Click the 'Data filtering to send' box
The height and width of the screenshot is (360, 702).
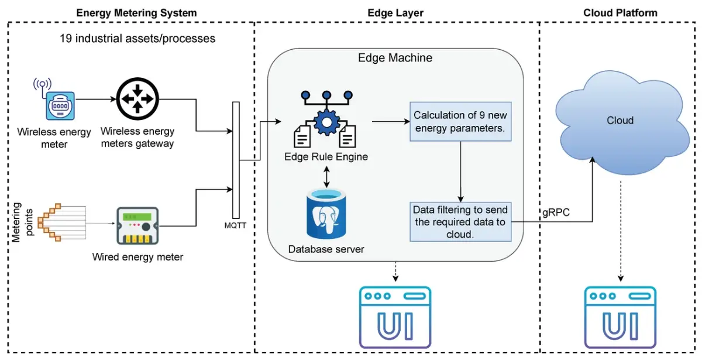click(x=460, y=222)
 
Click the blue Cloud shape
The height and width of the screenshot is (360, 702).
click(x=620, y=119)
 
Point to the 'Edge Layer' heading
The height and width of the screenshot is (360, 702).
click(x=395, y=12)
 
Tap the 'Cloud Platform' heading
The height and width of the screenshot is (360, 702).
click(x=620, y=12)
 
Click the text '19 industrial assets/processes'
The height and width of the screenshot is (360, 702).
click(x=137, y=39)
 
